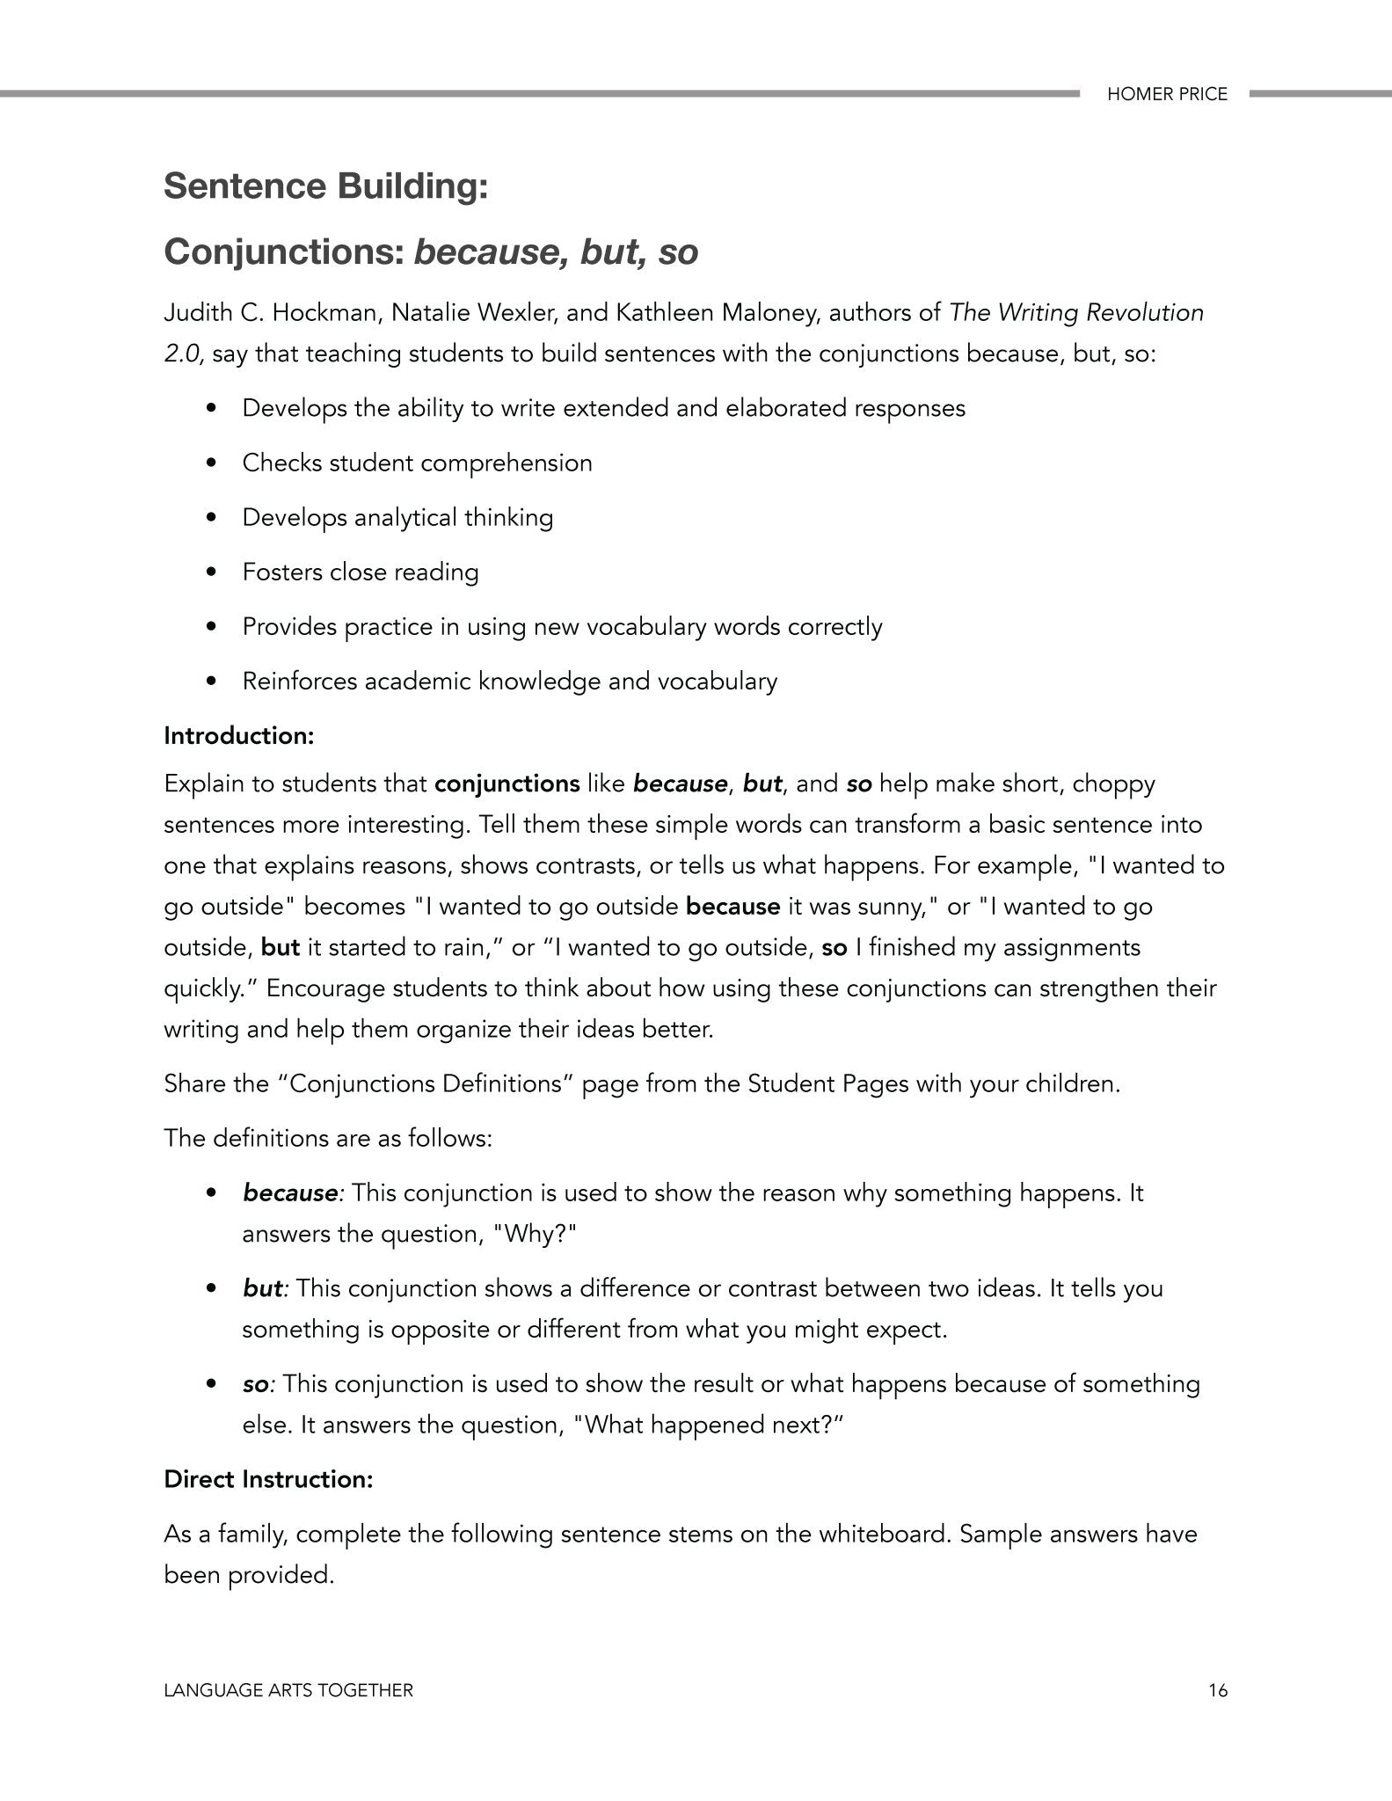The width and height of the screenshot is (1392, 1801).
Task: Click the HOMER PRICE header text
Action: coord(1166,94)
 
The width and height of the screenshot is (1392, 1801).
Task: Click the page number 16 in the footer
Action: coord(1217,1690)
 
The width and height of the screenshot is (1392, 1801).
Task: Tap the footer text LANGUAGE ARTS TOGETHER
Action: coord(288,1690)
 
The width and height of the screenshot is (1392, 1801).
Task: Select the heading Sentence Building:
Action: coord(325,186)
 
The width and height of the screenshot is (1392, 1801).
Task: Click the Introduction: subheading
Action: coord(238,735)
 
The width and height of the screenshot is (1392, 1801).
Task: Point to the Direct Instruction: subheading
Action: coord(268,1479)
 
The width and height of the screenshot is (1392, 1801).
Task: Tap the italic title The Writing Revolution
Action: coord(1076,313)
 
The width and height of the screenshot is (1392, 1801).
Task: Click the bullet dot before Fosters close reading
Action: coord(210,572)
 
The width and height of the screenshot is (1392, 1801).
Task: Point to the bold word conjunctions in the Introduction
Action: coord(507,784)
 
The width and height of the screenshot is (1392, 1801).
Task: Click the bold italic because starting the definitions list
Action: coord(290,1193)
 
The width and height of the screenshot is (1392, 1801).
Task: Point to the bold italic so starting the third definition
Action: coord(256,1384)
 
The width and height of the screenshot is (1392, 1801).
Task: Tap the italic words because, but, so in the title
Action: coord(556,252)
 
